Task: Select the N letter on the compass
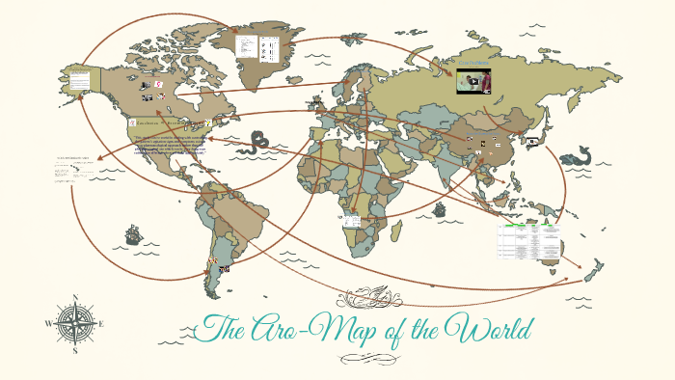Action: click(75, 297)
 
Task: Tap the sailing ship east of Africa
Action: click(440, 208)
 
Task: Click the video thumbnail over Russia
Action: click(474, 81)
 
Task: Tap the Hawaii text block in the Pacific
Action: click(75, 164)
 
